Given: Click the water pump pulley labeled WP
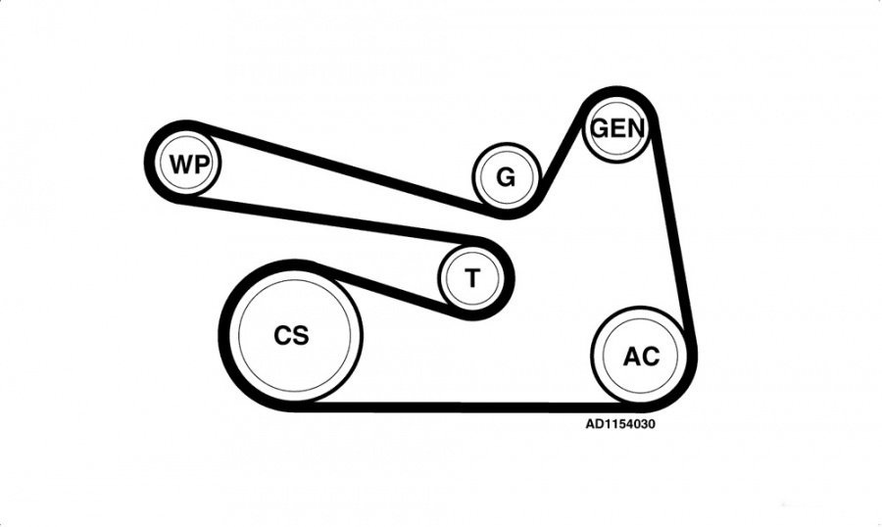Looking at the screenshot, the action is [x=187, y=164].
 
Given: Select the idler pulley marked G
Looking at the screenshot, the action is [x=507, y=177].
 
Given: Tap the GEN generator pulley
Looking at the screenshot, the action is [x=617, y=129].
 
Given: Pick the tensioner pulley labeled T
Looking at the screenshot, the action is [x=472, y=277].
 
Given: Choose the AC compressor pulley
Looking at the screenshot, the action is [x=640, y=356].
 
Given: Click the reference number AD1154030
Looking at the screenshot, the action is [x=620, y=423].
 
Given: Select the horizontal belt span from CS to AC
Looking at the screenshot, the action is [x=466, y=407].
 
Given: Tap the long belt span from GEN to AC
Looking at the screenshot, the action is [x=674, y=230].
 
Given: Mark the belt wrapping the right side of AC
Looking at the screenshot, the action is [x=691, y=365].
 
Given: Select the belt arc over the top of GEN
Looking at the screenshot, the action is [x=617, y=92].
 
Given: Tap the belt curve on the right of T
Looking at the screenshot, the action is [x=509, y=277].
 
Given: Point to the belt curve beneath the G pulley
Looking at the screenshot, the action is [x=508, y=214].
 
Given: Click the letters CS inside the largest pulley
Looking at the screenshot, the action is [x=291, y=335].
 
